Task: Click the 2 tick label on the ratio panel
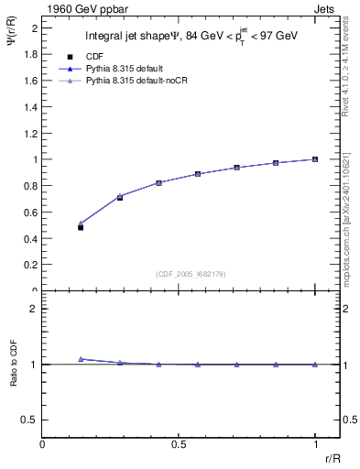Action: point(34,309)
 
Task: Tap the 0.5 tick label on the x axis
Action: point(178,444)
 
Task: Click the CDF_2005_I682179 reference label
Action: point(179,274)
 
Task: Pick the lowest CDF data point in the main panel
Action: point(81,227)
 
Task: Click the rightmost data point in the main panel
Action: point(315,159)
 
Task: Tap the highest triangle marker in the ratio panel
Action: point(81,359)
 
